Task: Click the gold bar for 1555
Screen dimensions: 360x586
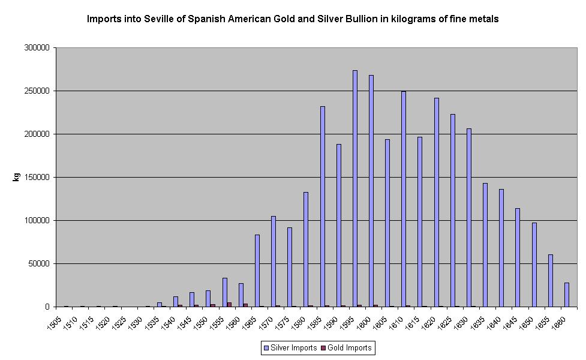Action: click(229, 304)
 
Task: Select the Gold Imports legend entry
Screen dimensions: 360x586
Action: click(345, 347)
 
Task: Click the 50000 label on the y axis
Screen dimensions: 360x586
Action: click(40, 263)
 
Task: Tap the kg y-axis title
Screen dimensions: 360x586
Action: click(16, 177)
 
